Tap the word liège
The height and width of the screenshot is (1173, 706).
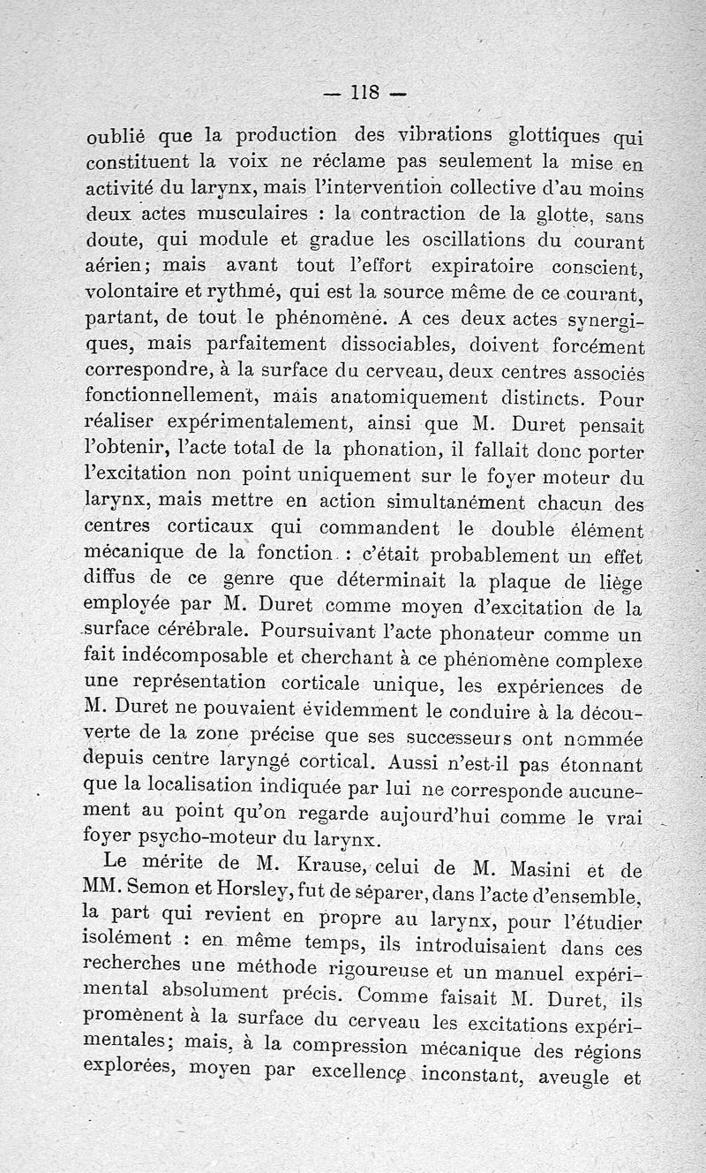click(x=618, y=583)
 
